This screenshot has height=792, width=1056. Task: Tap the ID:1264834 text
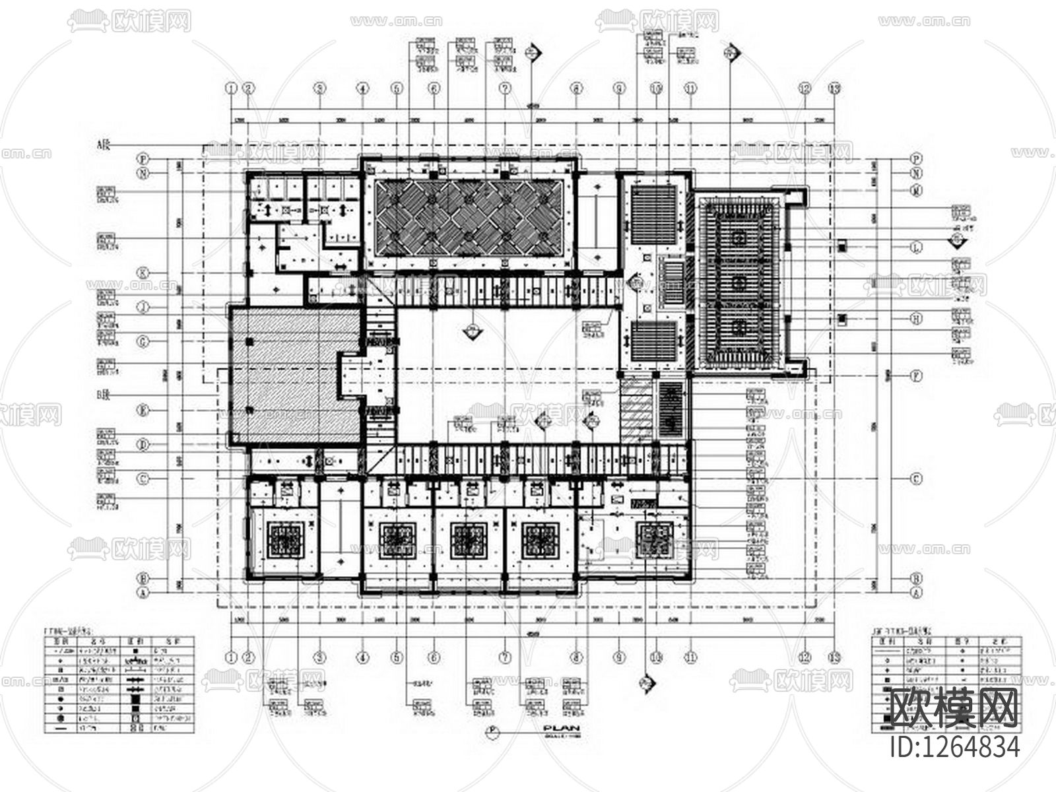[954, 747]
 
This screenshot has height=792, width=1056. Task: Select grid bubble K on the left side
[143, 272]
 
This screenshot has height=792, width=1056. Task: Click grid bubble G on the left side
[143, 341]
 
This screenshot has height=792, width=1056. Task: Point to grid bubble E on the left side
[143, 410]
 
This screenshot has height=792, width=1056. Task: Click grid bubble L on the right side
[916, 247]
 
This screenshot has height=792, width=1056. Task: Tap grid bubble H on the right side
[916, 318]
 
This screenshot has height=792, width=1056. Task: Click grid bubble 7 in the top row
[505, 87]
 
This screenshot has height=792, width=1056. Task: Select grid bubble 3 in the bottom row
[319, 657]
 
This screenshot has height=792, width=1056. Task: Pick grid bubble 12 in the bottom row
[804, 657]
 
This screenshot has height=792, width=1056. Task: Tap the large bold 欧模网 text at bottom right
[954, 709]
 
